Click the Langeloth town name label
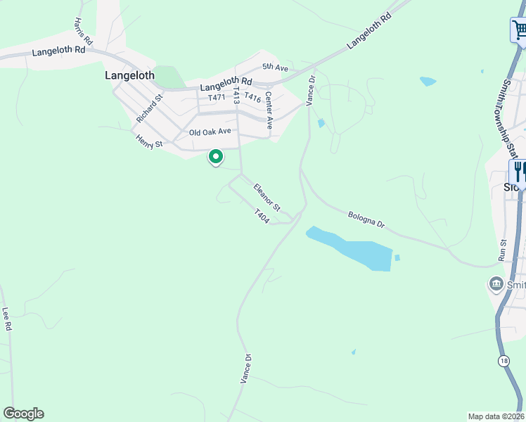(129, 74)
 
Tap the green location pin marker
(216, 158)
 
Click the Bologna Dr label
(366, 219)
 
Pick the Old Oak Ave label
(210, 132)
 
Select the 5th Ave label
(276, 67)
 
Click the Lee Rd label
(7, 319)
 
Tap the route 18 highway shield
(503, 361)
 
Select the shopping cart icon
(519, 30)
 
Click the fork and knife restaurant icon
(519, 171)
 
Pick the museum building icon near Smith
(496, 284)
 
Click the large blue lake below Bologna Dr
(352, 248)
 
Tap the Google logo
(23, 413)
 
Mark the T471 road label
(216, 97)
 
